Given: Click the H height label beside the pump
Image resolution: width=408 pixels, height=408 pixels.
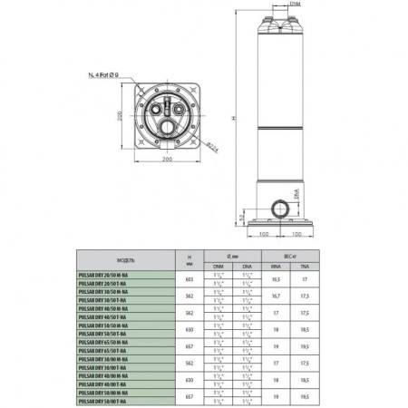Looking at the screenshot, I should pos(235,119).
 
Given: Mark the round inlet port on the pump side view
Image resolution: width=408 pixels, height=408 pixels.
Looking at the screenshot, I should pos(287,208).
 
